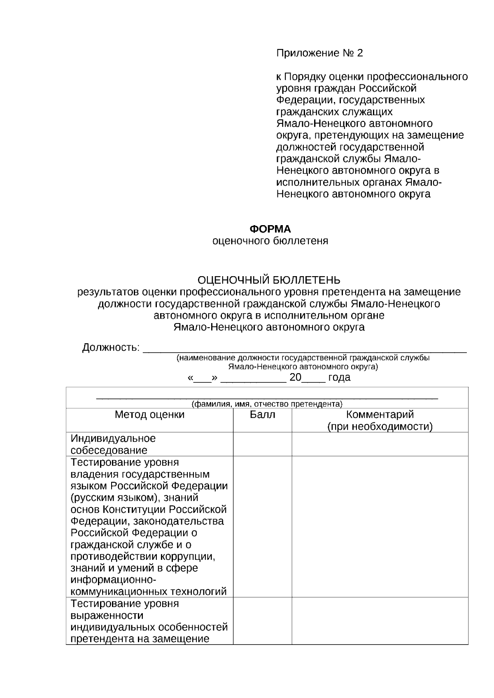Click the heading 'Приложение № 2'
(319, 53)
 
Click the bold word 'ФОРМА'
(270, 229)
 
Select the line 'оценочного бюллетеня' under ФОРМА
(270, 241)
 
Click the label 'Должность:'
(111, 348)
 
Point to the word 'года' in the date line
(339, 377)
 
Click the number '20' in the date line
(296, 377)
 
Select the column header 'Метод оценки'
(149, 415)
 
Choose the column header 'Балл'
(263, 415)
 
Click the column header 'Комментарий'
(380, 414)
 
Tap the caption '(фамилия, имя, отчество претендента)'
(267, 404)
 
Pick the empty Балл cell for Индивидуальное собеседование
(263, 444)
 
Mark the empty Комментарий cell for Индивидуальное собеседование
(380, 444)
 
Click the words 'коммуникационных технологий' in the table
(149, 592)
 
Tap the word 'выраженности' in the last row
(107, 616)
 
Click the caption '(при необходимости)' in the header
(380, 427)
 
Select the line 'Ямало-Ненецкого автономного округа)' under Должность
(303, 366)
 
